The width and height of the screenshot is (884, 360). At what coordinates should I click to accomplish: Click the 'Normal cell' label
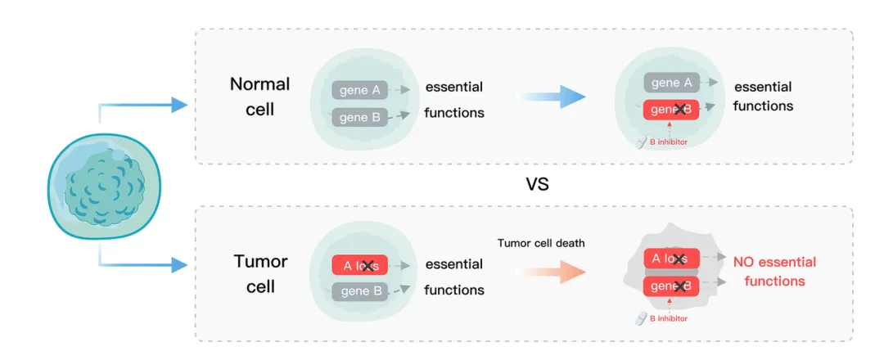pyautogui.click(x=259, y=96)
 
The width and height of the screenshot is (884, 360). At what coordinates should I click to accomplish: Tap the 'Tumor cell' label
pyautogui.click(x=260, y=274)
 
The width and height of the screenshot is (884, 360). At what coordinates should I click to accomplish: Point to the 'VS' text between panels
pyautogui.click(x=537, y=185)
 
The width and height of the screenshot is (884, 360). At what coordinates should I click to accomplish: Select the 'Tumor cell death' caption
pyautogui.click(x=541, y=243)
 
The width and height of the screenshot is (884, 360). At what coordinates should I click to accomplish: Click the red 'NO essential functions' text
pyautogui.click(x=774, y=272)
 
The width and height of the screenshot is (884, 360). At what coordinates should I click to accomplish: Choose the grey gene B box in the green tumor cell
pyautogui.click(x=359, y=291)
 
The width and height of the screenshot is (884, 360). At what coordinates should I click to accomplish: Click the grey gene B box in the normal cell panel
pyautogui.click(x=359, y=117)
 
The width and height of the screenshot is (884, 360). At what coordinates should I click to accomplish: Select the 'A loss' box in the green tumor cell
pyautogui.click(x=359, y=265)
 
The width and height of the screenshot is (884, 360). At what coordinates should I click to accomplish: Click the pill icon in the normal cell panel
pyautogui.click(x=642, y=142)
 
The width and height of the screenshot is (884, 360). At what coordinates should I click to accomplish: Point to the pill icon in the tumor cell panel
pyautogui.click(x=642, y=319)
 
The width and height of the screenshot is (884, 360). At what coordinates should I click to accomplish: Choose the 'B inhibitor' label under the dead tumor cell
pyautogui.click(x=669, y=319)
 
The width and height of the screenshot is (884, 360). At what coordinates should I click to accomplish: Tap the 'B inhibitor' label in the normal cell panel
pyautogui.click(x=669, y=142)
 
